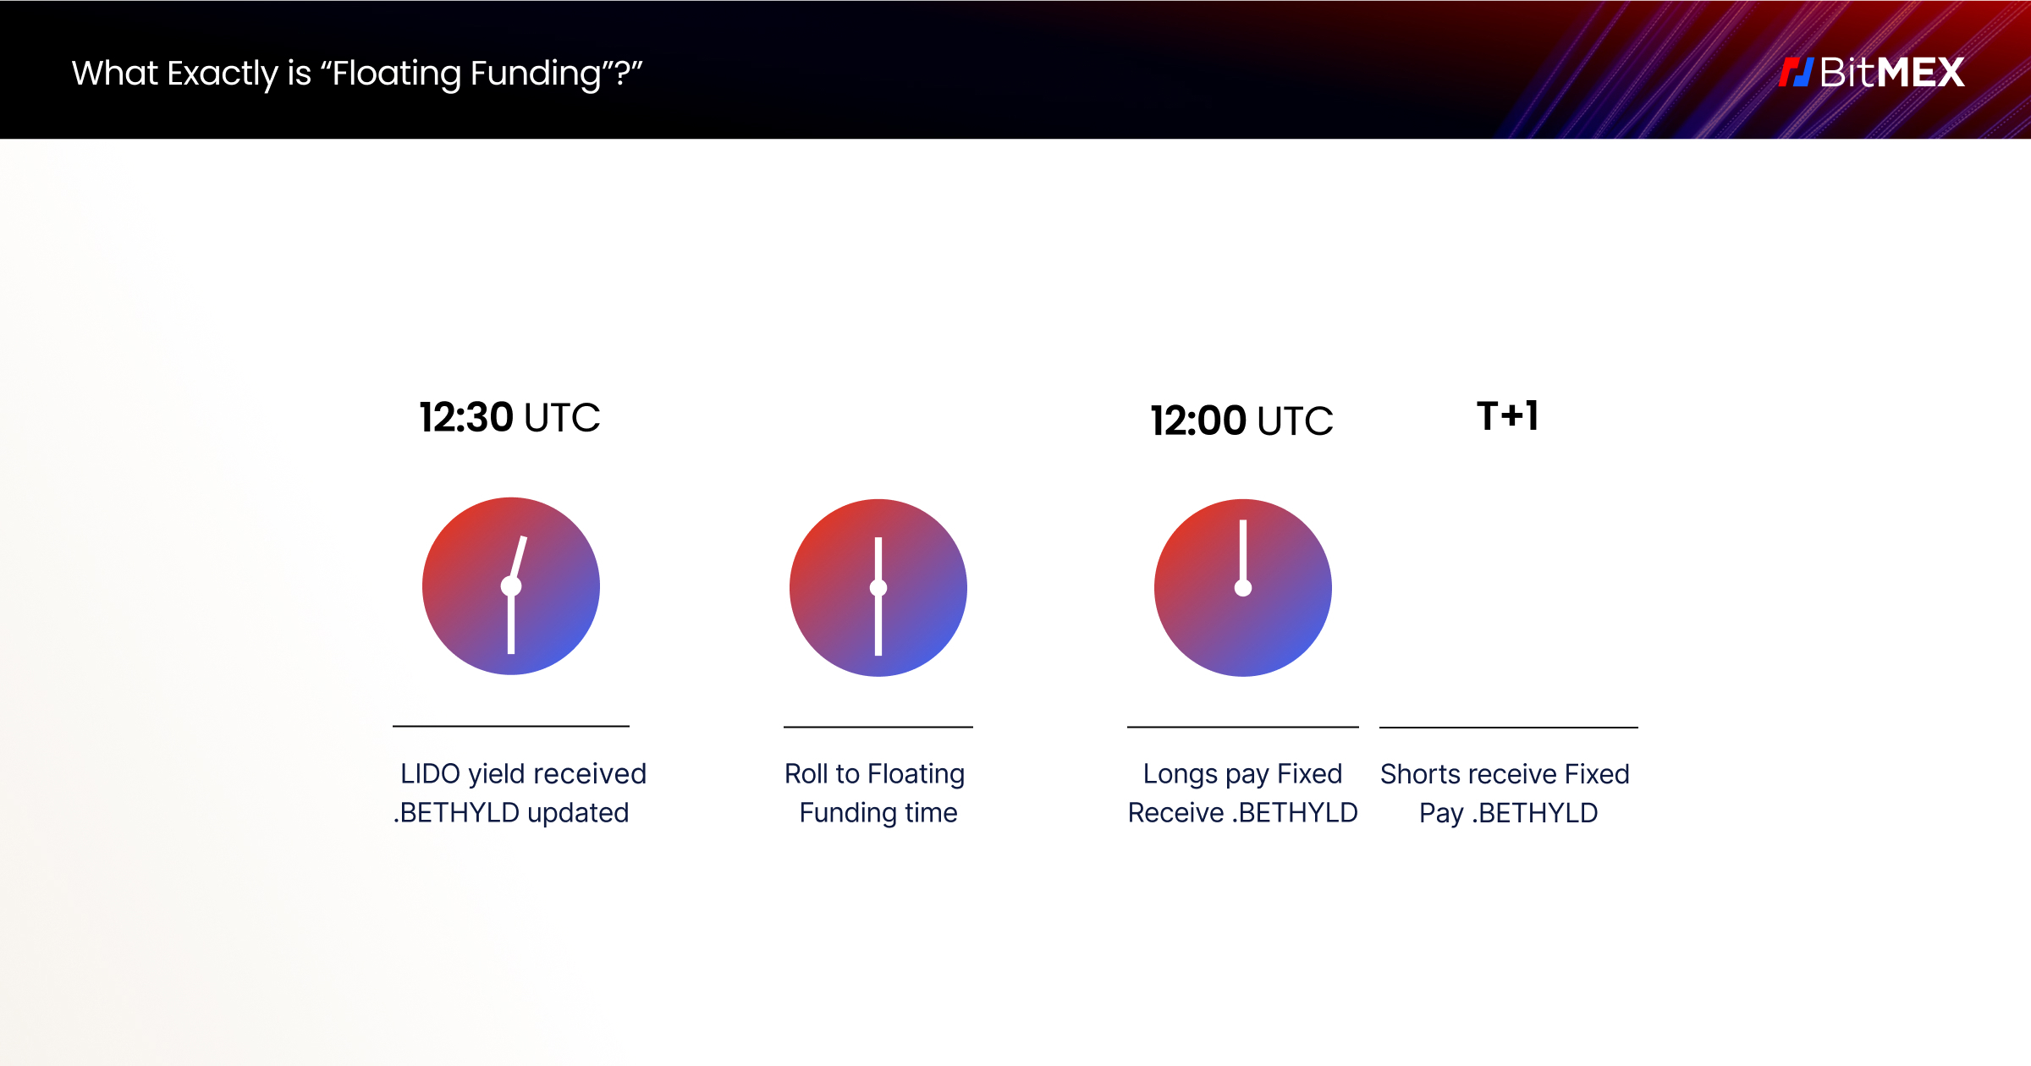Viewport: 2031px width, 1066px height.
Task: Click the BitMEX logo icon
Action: tap(1795, 73)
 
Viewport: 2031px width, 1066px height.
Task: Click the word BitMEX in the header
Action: tap(1892, 73)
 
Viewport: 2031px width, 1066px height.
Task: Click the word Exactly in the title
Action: tap(222, 74)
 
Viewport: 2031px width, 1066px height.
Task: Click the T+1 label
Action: tap(1507, 416)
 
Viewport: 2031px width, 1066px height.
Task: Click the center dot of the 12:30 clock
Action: tap(511, 586)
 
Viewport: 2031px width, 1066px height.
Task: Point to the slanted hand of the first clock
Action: tap(519, 558)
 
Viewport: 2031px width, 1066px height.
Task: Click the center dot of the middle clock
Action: tap(878, 588)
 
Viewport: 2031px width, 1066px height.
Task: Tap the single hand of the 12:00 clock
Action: tap(1243, 550)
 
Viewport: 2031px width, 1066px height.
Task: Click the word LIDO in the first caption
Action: tap(430, 774)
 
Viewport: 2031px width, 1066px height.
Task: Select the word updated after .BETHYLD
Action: tap(578, 813)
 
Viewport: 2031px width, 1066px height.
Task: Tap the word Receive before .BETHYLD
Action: tap(1175, 813)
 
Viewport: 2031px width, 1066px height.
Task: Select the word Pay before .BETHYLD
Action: tap(1440, 813)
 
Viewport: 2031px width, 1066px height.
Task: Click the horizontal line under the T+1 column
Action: tap(1509, 727)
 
